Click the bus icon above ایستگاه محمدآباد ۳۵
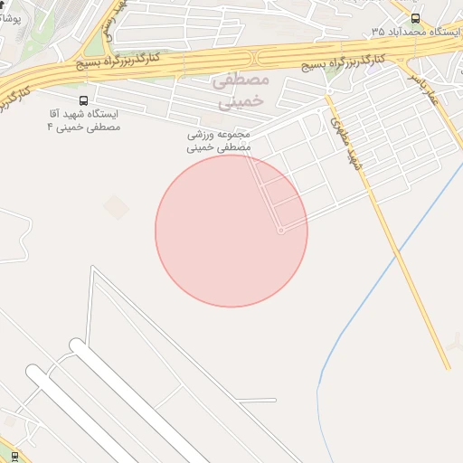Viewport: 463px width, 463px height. [415, 18]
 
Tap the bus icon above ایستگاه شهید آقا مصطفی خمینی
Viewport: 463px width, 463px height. [84, 101]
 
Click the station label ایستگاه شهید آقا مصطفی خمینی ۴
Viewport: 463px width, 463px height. [84, 121]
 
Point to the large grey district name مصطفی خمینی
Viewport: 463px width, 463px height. [240, 91]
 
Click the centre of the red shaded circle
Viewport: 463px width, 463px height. [231, 231]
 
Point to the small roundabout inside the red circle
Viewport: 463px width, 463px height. [281, 231]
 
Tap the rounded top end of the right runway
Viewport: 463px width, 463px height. [78, 345]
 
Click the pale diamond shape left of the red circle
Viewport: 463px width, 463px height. [116, 207]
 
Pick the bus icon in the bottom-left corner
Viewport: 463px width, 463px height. [14, 456]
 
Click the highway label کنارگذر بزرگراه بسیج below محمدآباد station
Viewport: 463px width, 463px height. [339, 63]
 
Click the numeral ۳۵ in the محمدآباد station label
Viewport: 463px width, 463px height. [377, 32]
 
